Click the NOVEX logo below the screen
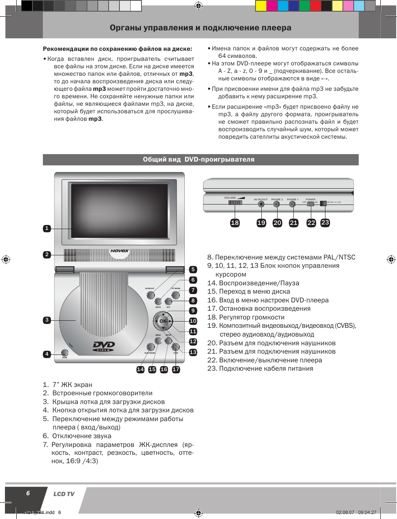pyautogui.click(x=119, y=251)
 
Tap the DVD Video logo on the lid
pyautogui.click(x=104, y=346)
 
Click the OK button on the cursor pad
pyautogui.click(x=163, y=321)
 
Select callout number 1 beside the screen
pyautogui.click(x=47, y=228)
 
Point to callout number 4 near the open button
pyautogui.click(x=47, y=354)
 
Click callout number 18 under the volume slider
pyautogui.click(x=235, y=223)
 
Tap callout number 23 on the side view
pyautogui.click(x=325, y=222)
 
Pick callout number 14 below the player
pyautogui.click(x=141, y=369)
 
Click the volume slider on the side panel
pyautogui.click(x=235, y=203)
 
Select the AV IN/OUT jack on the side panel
pyautogui.click(x=261, y=204)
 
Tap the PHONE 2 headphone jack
pyautogui.click(x=276, y=204)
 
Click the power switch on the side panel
pyautogui.click(x=310, y=204)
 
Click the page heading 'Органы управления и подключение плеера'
pyautogui.click(x=201, y=28)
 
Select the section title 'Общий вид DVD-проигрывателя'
pyautogui.click(x=198, y=160)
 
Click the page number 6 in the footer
pyautogui.click(x=28, y=493)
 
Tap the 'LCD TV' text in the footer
pyautogui.click(x=64, y=494)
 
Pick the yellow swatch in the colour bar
pyautogui.click(x=261, y=5)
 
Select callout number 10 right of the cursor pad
pyautogui.click(x=193, y=321)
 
